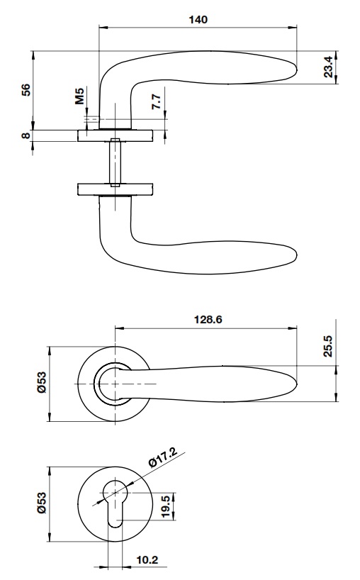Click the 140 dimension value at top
click(198, 20)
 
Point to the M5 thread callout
click(81, 96)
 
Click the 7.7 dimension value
click(157, 101)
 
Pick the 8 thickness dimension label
click(26, 135)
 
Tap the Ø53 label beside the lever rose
click(42, 384)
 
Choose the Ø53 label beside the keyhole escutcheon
click(42, 503)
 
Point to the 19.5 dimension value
click(164, 506)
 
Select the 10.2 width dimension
click(147, 560)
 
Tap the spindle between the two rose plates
click(113, 162)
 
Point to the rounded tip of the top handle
click(292, 69)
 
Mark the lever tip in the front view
click(293, 384)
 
